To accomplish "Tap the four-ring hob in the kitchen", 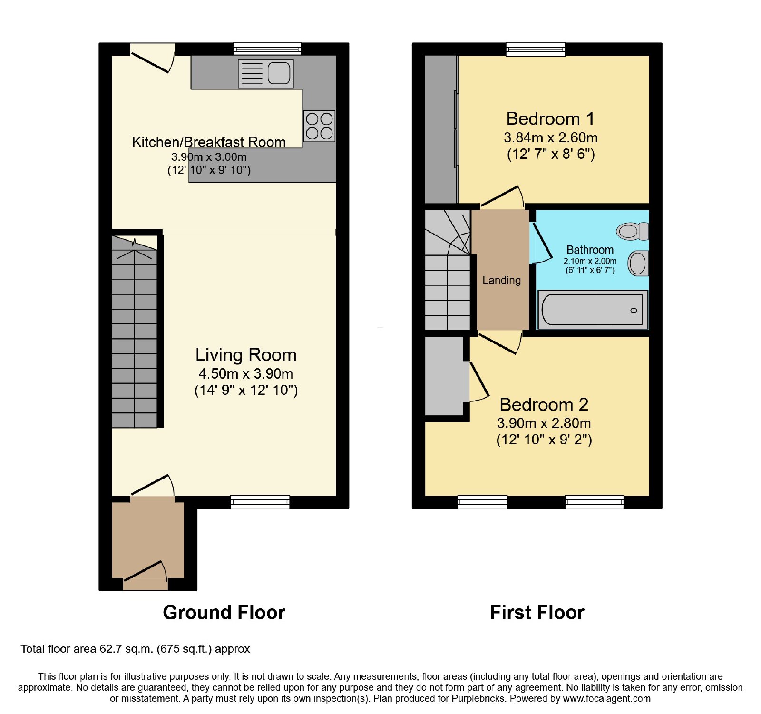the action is tap(319, 126).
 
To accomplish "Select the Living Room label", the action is tap(246, 355).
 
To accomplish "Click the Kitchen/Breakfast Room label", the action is tap(209, 142).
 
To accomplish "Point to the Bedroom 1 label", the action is tap(550, 118).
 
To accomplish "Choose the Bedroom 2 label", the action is tap(544, 405).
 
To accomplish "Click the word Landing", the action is tap(501, 280).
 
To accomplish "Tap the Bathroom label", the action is tap(590, 250).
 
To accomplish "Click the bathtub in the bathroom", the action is tap(593, 309).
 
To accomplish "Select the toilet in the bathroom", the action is tap(633, 232).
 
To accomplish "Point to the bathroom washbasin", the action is tap(638, 263).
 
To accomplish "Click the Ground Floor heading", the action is tap(224, 612).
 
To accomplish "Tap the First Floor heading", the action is tap(537, 612).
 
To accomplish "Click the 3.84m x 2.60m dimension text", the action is tap(551, 137).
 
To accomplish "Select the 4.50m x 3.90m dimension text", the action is tap(246, 374).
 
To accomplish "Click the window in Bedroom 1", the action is tap(536, 49).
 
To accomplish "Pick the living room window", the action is tap(260, 502).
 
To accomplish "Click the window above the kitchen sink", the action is tap(267, 49).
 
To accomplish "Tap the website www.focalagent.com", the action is tap(606, 699).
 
